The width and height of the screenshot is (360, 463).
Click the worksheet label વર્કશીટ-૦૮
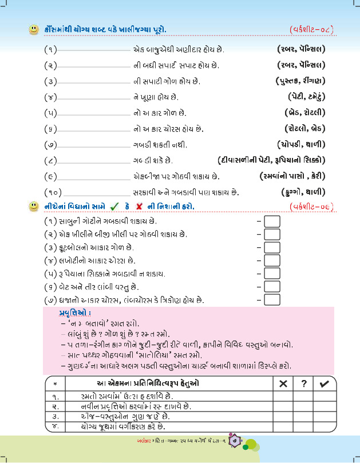[x=312, y=29]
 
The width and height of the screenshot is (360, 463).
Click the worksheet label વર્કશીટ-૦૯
[x=312, y=205]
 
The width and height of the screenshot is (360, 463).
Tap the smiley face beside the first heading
[x=34, y=28]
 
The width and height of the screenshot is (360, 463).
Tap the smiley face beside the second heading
[x=34, y=205]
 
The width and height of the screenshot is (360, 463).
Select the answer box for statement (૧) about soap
[x=272, y=220]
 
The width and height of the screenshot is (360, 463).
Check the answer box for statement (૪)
[x=272, y=260]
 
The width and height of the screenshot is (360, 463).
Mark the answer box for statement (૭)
[x=272, y=299]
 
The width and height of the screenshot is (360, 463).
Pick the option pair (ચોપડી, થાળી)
[x=302, y=144]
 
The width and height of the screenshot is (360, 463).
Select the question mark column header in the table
[x=304, y=383]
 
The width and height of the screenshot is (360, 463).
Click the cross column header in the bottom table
[x=283, y=383]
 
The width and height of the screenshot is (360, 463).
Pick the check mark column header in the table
[x=325, y=383]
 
